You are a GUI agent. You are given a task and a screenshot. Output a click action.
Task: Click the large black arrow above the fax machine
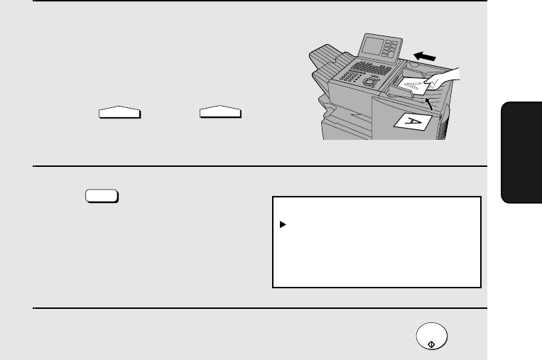tap(425, 56)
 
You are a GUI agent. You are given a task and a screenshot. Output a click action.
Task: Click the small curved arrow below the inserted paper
tap(428, 104)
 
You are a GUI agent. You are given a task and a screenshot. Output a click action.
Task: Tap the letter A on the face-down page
tap(414, 122)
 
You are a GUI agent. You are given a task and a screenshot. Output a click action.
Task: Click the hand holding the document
tap(443, 78)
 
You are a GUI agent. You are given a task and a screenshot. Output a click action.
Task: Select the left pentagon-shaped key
tap(119, 112)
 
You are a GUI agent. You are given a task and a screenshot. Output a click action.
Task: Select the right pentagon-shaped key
tap(220, 111)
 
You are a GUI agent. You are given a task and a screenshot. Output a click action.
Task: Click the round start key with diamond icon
tap(432, 336)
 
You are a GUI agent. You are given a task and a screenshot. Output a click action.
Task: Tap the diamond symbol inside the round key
tap(431, 344)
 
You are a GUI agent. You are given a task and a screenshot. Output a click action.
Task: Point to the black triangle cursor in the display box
tap(283, 224)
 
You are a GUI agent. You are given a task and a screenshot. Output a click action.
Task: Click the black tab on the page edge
tap(521, 153)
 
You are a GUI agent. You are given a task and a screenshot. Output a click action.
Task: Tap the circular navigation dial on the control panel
tap(370, 82)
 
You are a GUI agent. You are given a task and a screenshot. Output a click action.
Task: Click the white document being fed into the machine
tap(413, 86)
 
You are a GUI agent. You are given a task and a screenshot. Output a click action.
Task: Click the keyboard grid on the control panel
tap(372, 68)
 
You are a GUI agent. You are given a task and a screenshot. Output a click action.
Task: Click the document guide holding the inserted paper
tap(400, 91)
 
